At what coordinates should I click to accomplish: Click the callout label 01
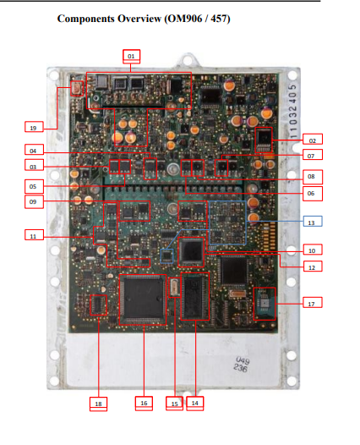coord(131,55)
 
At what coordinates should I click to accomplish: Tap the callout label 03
coord(34,166)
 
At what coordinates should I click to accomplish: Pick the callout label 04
coord(34,151)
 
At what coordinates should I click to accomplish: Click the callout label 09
coord(34,202)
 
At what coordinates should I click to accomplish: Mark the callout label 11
coord(34,237)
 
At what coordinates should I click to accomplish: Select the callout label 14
coord(195,403)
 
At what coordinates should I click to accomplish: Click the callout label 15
coord(176,403)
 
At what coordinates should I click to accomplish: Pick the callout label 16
coord(144,403)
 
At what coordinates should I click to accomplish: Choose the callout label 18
coord(99,404)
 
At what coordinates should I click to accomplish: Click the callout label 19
coord(34,127)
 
